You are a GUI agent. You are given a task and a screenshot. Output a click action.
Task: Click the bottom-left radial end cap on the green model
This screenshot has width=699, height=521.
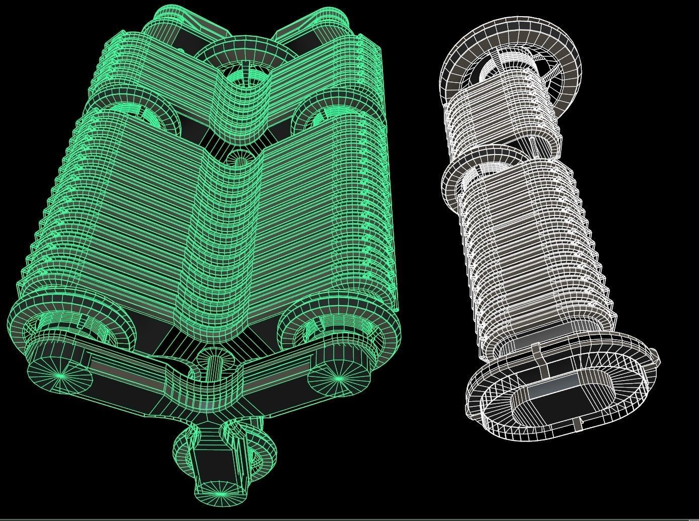tap(61, 375)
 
